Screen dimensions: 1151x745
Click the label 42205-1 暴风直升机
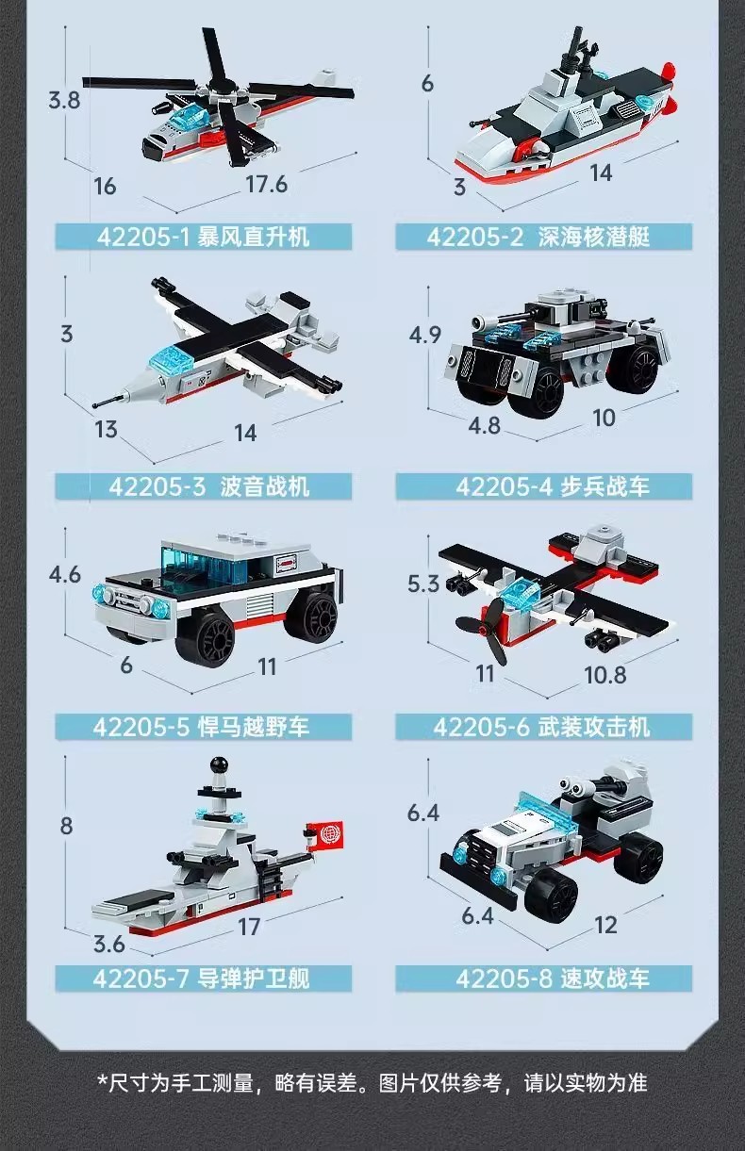pos(203,236)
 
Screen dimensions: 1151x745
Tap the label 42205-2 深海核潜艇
pos(544,236)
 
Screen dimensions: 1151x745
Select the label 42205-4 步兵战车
pos(544,486)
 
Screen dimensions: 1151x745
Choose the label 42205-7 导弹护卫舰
pos(203,978)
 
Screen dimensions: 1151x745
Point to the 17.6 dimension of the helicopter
pos(266,183)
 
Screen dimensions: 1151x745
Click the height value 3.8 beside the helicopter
pos(64,99)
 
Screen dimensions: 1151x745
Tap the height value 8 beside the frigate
pos(66,827)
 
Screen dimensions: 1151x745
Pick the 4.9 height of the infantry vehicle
pos(424,336)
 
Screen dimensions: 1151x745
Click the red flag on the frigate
pos(327,834)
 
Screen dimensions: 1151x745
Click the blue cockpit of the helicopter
pos(185,120)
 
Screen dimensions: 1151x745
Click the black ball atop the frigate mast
pos(217,764)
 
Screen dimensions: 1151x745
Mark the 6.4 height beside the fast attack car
pos(423,812)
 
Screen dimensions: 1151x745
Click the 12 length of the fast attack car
pos(605,925)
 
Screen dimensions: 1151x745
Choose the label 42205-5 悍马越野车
pos(203,727)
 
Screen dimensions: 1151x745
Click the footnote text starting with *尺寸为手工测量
pos(372,1082)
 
